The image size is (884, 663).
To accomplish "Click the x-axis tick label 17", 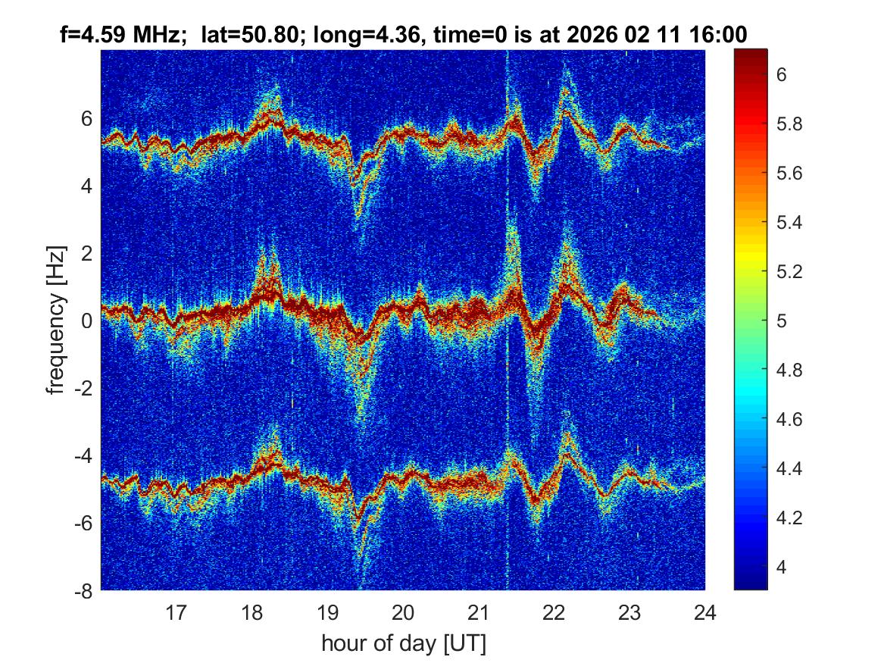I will [x=176, y=611].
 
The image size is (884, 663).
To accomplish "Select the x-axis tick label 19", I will [x=327, y=611].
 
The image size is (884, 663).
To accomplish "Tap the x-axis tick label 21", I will [x=478, y=611].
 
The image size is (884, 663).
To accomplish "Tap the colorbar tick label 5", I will [x=782, y=321].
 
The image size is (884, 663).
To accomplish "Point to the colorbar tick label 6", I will [x=782, y=75].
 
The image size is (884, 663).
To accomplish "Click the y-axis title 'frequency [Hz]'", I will [x=56, y=320].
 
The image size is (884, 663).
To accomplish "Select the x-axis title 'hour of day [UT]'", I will [x=403, y=644].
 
